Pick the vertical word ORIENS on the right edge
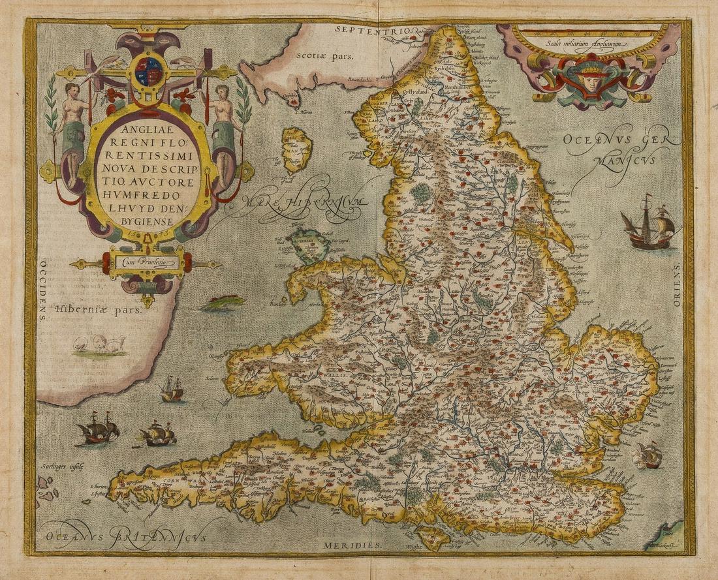pos(676,284)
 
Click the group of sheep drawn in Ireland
pos(99,344)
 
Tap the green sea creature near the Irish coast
pos(223,303)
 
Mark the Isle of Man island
pos(296,149)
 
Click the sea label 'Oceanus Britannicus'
pos(131,532)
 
